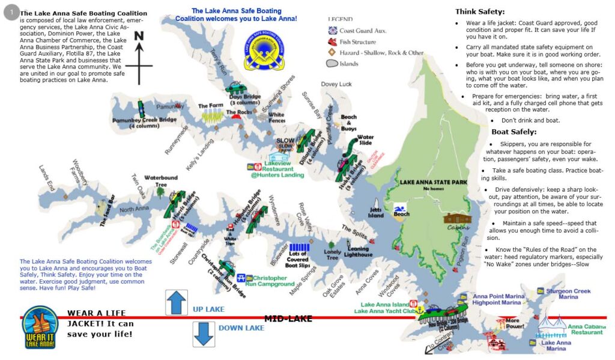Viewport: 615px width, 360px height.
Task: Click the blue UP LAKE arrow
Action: [x=177, y=302]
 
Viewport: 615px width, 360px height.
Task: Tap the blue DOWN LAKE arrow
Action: [x=204, y=334]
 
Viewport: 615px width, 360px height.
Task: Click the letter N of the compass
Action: [x=139, y=37]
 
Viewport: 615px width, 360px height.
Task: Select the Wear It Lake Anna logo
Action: [x=40, y=328]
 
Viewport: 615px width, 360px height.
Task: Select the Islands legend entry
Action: [x=348, y=64]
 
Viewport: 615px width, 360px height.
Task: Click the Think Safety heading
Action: [x=480, y=11]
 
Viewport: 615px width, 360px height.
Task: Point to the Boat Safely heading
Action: [x=514, y=132]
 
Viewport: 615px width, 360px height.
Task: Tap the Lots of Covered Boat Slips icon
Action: [x=299, y=247]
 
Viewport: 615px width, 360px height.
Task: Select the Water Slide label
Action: [x=365, y=141]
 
